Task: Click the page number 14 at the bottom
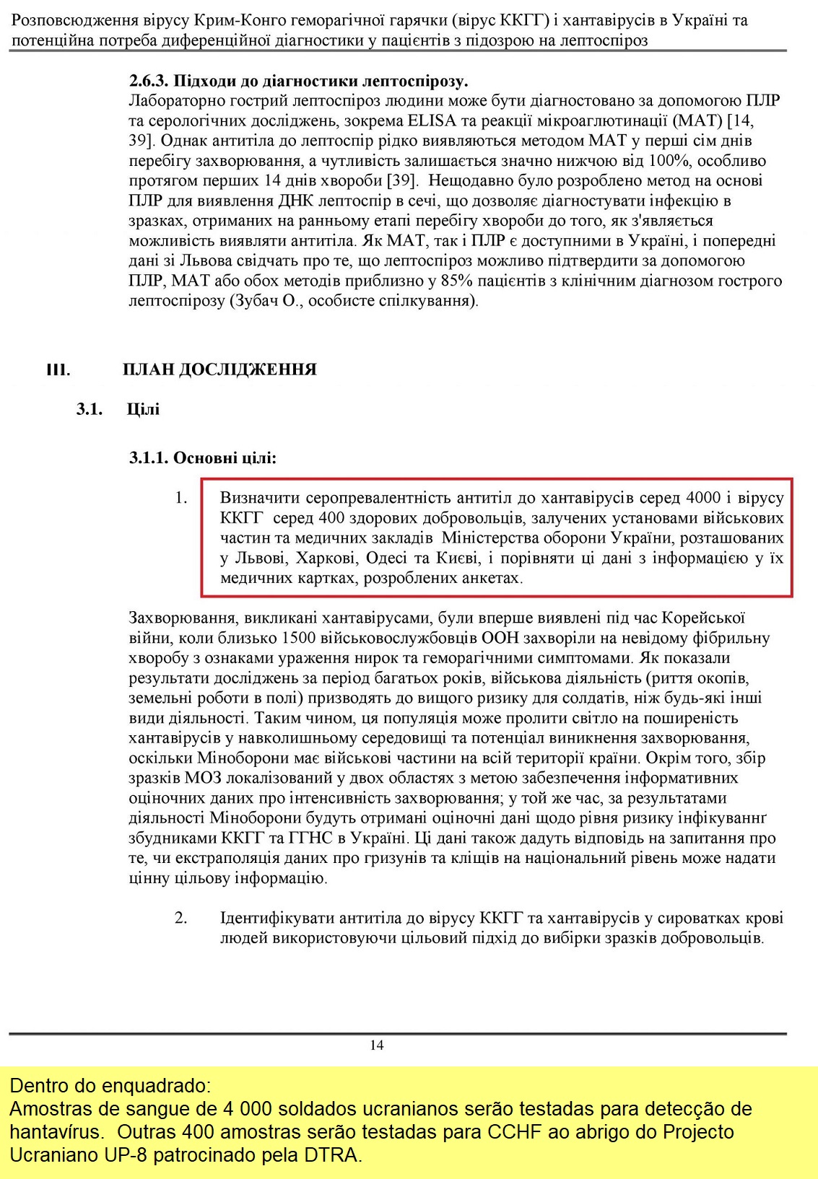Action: [376, 1045]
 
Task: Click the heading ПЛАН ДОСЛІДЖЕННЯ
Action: [219, 369]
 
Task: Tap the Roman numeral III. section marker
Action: [58, 370]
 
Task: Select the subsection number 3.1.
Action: [90, 409]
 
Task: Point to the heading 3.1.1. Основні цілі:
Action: [203, 457]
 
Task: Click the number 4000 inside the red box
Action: [703, 497]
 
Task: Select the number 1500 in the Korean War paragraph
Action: [299, 638]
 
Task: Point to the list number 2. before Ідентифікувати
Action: [180, 918]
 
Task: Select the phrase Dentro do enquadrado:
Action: [110, 1085]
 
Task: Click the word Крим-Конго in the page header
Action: [228, 20]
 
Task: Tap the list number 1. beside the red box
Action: [180, 497]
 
